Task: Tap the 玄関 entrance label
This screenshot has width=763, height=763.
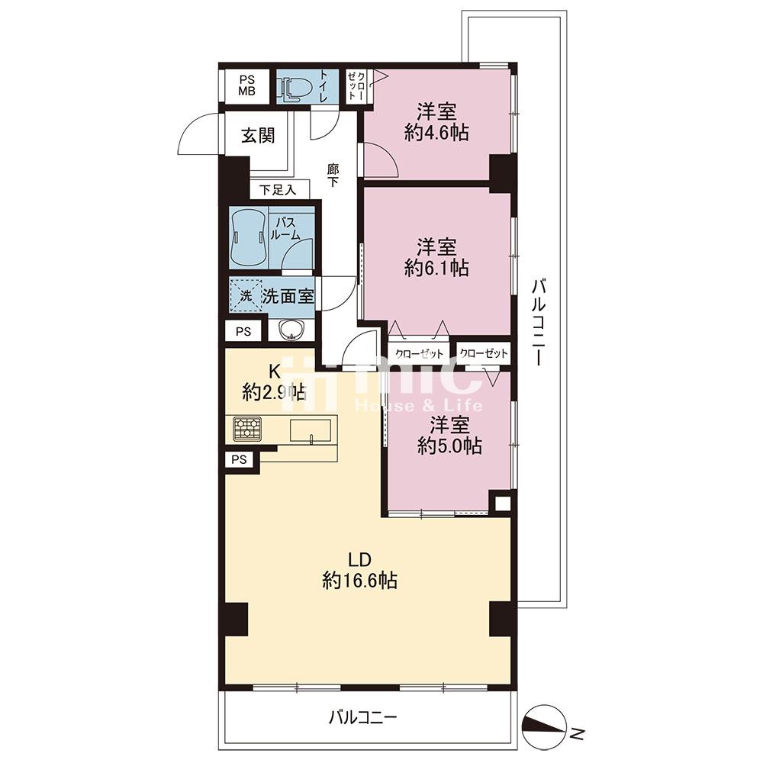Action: coord(258,136)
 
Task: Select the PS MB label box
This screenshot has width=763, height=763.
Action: coord(246,86)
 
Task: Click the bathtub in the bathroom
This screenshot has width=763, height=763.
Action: coord(249,238)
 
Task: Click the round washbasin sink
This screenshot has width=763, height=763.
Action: coord(291,330)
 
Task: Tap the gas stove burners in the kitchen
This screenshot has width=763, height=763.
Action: coord(246,429)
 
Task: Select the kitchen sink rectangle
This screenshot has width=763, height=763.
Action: coord(311,430)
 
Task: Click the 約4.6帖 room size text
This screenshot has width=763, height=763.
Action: coord(436,132)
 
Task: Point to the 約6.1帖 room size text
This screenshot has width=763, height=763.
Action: coord(436,268)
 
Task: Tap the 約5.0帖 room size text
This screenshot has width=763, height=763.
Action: coord(449,446)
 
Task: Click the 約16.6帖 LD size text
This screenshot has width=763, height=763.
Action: coord(359,581)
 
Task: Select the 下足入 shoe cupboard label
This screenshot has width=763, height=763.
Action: coord(278,189)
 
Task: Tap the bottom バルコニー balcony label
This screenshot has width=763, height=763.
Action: coord(363,717)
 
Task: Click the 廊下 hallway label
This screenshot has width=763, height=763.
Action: coord(333,175)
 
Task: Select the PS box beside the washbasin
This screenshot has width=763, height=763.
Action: coord(243,331)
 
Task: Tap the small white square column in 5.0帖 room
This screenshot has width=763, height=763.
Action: coord(502,503)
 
